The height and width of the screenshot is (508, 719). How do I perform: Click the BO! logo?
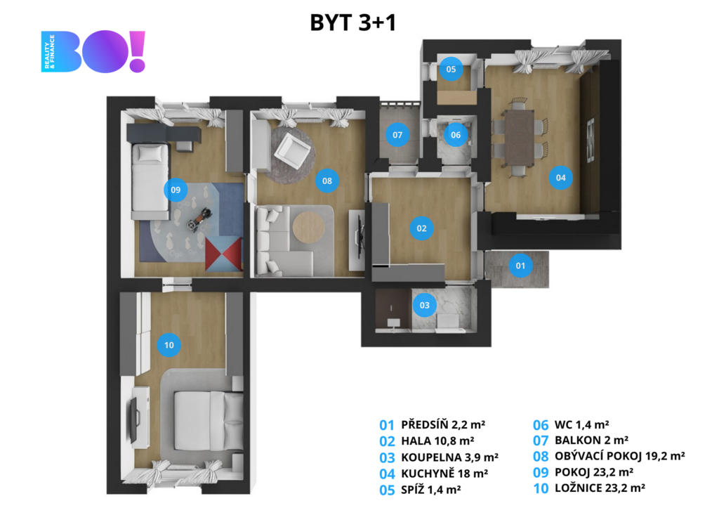click(x=93, y=51)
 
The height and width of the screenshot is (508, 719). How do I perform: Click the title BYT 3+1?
click(x=352, y=22)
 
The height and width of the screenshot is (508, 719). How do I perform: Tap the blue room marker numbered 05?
click(x=451, y=70)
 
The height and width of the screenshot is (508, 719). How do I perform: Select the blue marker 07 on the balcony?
click(x=397, y=135)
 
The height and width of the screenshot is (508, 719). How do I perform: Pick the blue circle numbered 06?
click(x=455, y=135)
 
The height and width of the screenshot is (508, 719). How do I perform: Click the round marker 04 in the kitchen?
click(x=560, y=178)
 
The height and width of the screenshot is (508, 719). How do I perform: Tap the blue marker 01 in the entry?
click(x=520, y=266)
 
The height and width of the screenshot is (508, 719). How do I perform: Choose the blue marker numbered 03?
click(x=425, y=305)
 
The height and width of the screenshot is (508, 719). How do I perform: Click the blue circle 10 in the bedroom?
click(x=169, y=345)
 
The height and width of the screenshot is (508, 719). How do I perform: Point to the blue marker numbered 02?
click(x=421, y=228)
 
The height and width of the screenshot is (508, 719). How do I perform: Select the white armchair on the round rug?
click(x=291, y=150)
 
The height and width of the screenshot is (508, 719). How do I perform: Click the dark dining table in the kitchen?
click(x=520, y=138)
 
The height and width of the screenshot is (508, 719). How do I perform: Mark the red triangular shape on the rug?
click(x=223, y=254)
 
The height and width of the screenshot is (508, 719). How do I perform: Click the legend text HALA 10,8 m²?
click(x=437, y=441)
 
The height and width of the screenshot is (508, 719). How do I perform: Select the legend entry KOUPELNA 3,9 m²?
click(x=449, y=457)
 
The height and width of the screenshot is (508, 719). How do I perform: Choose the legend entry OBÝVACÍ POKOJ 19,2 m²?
click(x=619, y=456)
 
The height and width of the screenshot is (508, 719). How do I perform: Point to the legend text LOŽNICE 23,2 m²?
click(x=600, y=488)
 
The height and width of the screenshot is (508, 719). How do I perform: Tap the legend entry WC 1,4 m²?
click(x=582, y=425)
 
